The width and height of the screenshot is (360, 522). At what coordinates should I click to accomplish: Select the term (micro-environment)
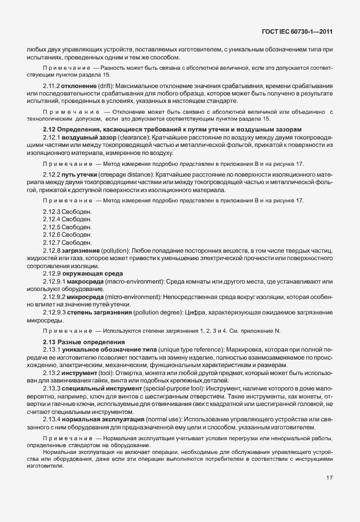(x=124, y=296)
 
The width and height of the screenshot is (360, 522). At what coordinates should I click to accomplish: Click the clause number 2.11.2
(x=51, y=85)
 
